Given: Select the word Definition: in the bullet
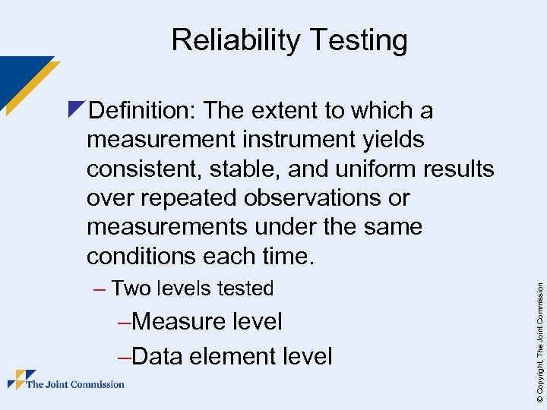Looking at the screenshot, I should point(144,111).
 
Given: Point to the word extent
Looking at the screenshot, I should point(284,111).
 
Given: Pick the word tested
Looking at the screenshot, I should point(245,289).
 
